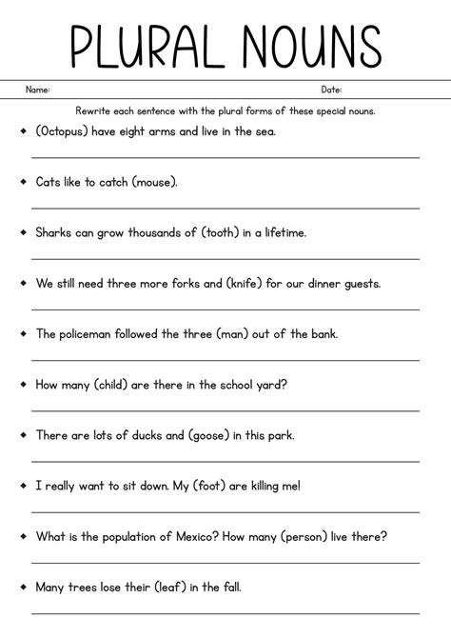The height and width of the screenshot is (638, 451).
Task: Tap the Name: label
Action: [37, 90]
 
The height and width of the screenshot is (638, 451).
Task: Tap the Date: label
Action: [331, 90]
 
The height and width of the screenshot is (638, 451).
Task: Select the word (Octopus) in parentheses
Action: [66, 130]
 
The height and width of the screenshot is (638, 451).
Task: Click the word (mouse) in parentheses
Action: [153, 181]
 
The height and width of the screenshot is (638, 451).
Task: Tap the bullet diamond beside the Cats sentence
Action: [22, 180]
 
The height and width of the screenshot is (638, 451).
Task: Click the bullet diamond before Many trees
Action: [22, 586]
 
